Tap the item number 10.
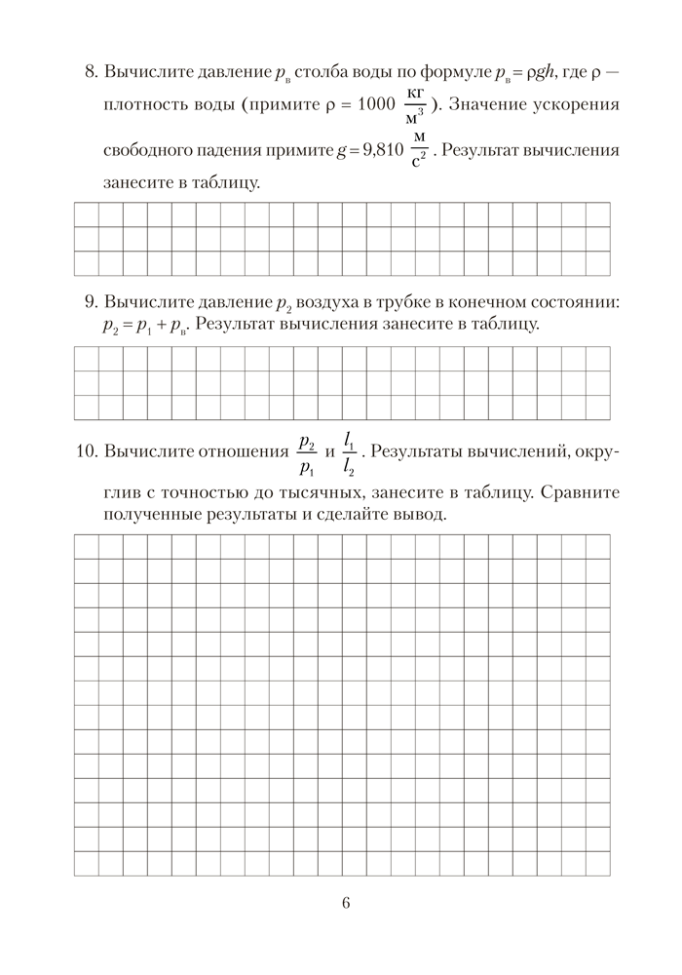point(85,452)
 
